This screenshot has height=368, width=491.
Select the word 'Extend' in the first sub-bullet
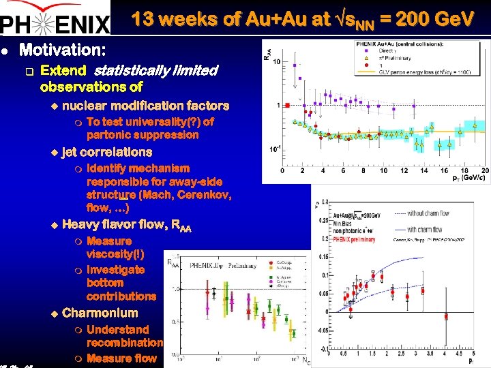click(x=63, y=70)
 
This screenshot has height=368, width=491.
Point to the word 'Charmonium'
click(x=100, y=313)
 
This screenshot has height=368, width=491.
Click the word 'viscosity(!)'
click(x=115, y=254)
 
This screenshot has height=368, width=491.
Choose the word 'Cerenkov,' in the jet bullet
click(x=203, y=195)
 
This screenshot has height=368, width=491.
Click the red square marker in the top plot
click(x=287, y=105)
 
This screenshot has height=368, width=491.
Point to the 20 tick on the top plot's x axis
click(x=485, y=171)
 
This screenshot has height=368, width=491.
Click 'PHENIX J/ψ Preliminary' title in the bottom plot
click(x=226, y=264)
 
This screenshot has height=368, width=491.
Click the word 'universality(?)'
click(x=150, y=122)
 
